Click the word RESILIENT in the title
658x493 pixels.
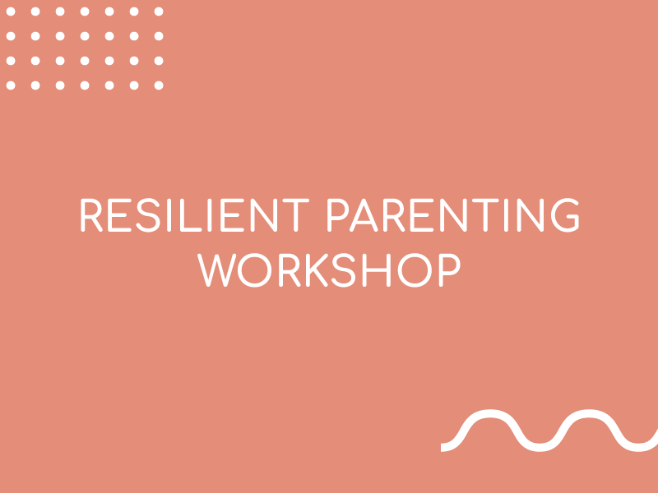coord(195,215)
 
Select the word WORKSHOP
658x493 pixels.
coord(329,270)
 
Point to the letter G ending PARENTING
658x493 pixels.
coord(565,215)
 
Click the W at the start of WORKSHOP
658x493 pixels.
coord(217,270)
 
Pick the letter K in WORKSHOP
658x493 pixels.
coord(317,270)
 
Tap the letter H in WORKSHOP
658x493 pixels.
coord(377,270)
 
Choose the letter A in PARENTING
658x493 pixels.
coord(364,215)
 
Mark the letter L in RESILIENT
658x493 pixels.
coord(191,215)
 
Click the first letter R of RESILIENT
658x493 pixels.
coord(91,215)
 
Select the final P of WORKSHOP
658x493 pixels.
coord(450,270)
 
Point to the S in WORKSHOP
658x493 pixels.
coord(344,270)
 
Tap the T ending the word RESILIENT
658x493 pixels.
coord(296,215)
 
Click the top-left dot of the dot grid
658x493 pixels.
coord(11,12)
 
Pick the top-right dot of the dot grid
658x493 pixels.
coord(159,12)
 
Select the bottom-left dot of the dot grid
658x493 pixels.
coord(11,85)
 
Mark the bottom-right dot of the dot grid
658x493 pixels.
coord(159,85)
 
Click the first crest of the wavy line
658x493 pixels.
coord(490,413)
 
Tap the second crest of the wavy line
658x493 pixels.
coord(589,413)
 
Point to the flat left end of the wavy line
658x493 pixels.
coord(442,447)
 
